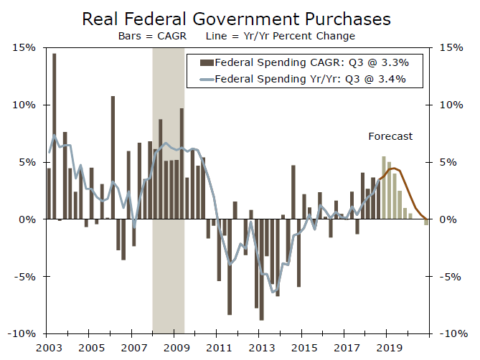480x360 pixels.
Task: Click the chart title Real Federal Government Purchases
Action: tap(240, 18)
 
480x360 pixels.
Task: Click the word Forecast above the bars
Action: tap(390, 136)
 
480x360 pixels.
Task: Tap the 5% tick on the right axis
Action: tap(450, 162)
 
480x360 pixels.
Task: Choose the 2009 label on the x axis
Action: tap(174, 348)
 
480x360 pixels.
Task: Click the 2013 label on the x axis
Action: tap(260, 348)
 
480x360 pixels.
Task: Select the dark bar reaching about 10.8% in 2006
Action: tap(113, 158)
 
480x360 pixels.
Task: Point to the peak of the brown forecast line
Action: tap(393, 168)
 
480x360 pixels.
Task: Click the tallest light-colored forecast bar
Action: tap(384, 188)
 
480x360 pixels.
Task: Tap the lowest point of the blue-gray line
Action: tap(273, 291)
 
